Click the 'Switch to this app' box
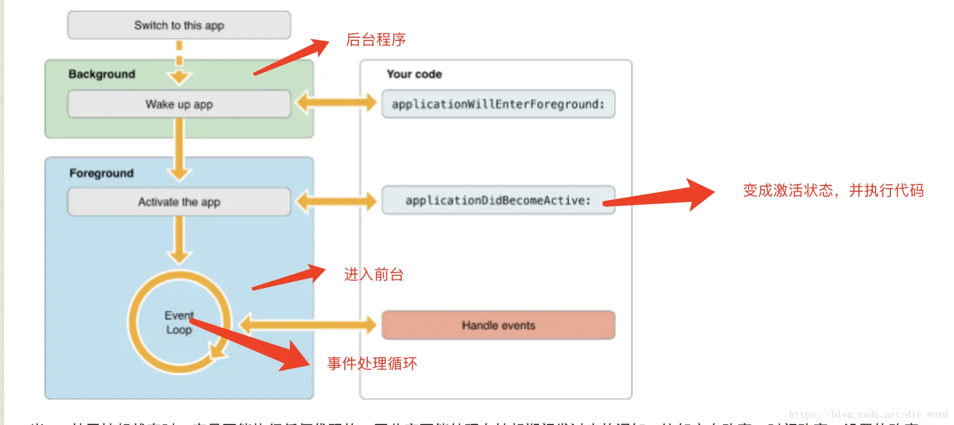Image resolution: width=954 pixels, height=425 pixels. pyautogui.click(x=179, y=25)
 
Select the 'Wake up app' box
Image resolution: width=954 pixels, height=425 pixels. pyautogui.click(x=179, y=104)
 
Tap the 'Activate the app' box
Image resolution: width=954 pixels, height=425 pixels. pyautogui.click(x=179, y=202)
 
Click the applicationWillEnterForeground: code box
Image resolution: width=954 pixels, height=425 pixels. pyautogui.click(x=498, y=104)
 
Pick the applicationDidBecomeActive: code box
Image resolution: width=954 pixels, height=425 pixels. pyautogui.click(x=498, y=200)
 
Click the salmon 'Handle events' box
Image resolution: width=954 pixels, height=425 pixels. pyautogui.click(x=498, y=325)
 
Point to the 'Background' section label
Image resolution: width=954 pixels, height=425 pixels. pyautogui.click(x=102, y=74)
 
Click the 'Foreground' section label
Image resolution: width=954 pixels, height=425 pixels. pyautogui.click(x=101, y=173)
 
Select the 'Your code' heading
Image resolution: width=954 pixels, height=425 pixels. pyautogui.click(x=414, y=74)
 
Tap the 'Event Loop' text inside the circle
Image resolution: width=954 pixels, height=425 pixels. pyautogui.click(x=179, y=322)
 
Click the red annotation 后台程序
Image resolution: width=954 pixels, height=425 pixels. pyautogui.click(x=376, y=40)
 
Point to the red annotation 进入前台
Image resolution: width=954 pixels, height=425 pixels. pyautogui.click(x=374, y=275)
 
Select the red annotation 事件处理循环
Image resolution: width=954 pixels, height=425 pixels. pyautogui.click(x=372, y=363)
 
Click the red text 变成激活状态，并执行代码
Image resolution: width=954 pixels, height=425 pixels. pyautogui.click(x=833, y=190)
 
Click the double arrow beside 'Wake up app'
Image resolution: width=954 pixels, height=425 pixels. pyautogui.click(x=336, y=103)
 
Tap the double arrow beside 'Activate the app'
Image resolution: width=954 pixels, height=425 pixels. pyautogui.click(x=336, y=201)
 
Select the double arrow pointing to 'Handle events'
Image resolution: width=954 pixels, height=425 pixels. pyautogui.click(x=308, y=325)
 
